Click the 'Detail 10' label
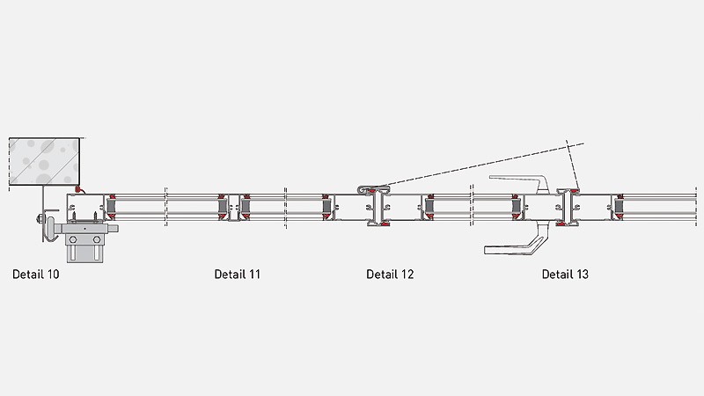click(36, 275)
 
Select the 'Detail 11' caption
click(237, 275)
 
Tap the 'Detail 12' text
click(390, 275)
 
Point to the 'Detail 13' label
click(565, 275)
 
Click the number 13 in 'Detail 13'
click(581, 275)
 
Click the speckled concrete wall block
click(45, 162)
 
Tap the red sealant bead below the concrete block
click(77, 189)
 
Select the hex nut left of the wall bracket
click(40, 219)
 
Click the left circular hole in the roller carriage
click(73, 240)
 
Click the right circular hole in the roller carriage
click(97, 240)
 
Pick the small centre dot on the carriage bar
click(84, 229)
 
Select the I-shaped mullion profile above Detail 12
click(378, 207)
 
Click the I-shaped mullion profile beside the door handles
click(568, 207)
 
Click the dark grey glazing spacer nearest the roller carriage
click(111, 207)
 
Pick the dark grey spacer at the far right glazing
click(620, 207)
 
